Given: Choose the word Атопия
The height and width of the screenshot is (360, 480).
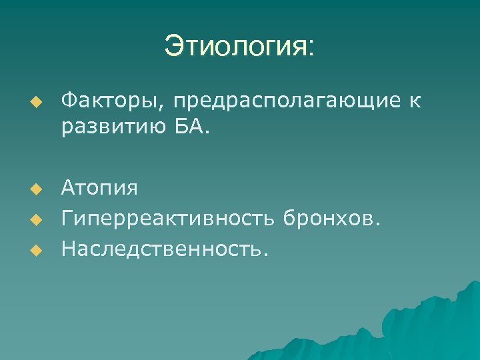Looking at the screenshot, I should [x=99, y=189].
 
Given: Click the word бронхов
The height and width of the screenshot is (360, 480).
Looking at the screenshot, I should [x=328, y=217].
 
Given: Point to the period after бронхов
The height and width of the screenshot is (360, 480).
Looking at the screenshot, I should [x=378, y=223].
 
